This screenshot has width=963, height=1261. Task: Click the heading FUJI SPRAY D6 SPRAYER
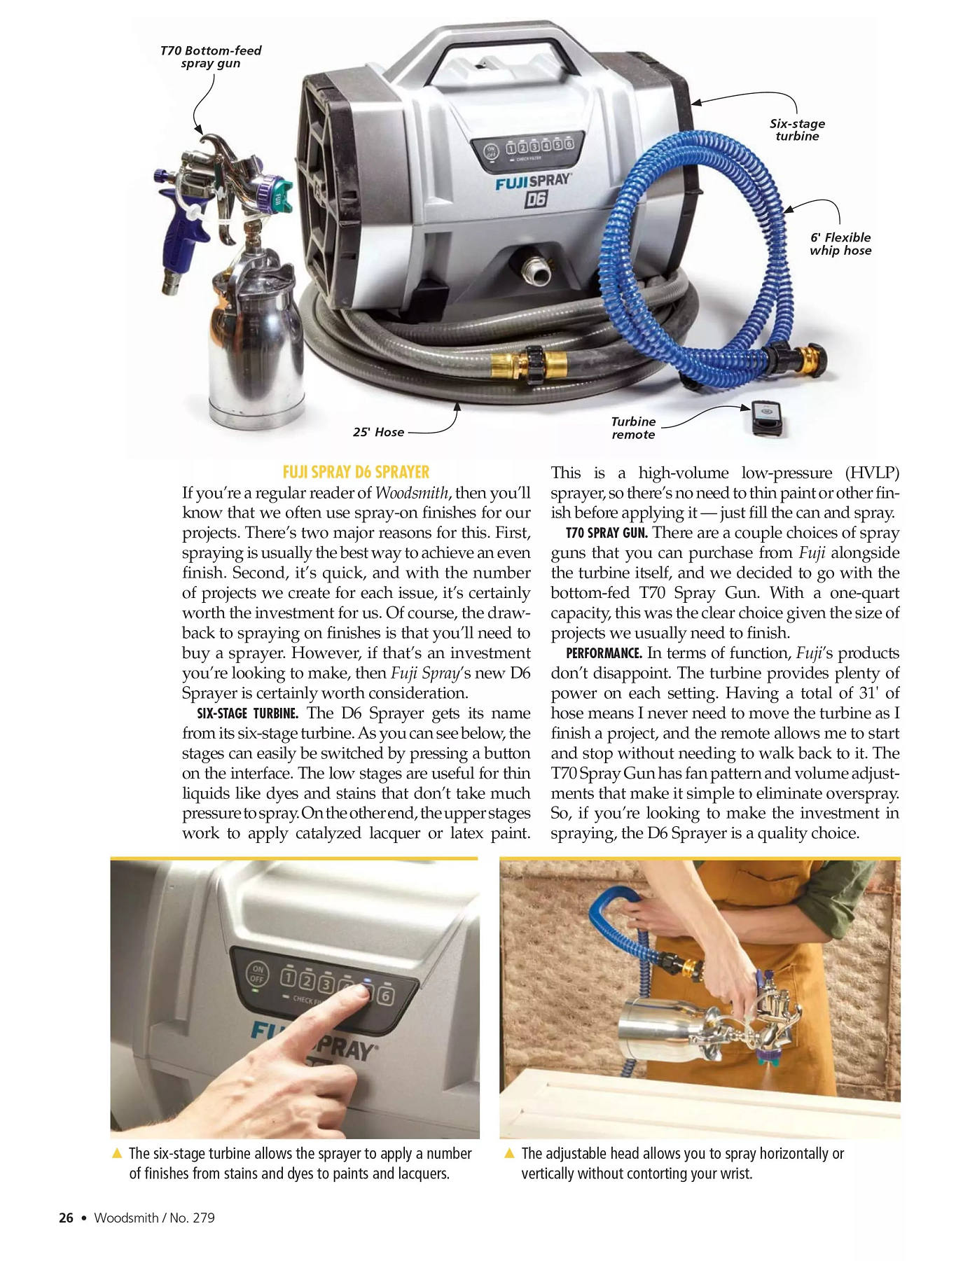click(356, 472)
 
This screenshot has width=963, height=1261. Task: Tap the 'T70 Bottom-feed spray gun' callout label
click(210, 57)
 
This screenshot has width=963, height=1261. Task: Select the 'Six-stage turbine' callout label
click(797, 130)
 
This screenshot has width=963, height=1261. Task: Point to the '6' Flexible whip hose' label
click(840, 244)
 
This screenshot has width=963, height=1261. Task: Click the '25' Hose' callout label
click(378, 432)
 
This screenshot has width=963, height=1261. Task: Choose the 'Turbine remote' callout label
click(633, 428)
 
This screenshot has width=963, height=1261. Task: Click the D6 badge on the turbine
click(536, 200)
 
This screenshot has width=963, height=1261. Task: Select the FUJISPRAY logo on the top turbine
click(533, 181)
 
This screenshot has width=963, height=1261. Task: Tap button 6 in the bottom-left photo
click(386, 996)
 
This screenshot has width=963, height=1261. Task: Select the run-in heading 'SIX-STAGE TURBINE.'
click(248, 713)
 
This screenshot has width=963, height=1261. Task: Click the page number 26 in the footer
click(66, 1218)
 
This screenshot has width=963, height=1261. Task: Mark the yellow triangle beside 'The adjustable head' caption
click(510, 1153)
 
